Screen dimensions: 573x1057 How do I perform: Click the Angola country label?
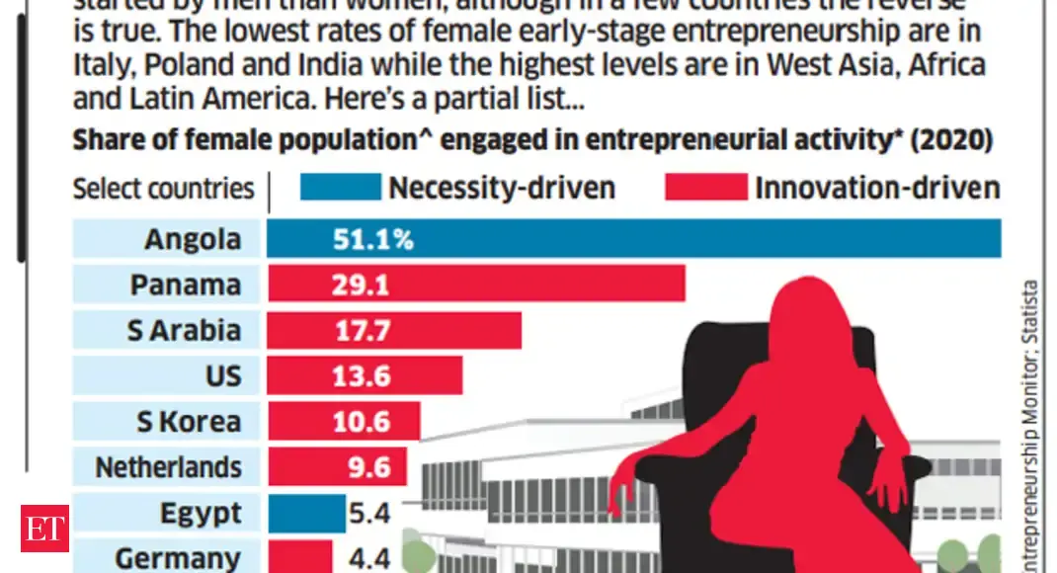(x=192, y=239)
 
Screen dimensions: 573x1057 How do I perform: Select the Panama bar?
(x=474, y=286)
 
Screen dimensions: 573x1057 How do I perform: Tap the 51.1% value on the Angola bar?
(x=373, y=240)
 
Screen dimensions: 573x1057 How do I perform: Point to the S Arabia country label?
(x=184, y=330)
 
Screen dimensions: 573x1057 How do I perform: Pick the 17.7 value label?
(x=363, y=331)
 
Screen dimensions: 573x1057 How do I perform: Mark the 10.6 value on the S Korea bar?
(x=363, y=422)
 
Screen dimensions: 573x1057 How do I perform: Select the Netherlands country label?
(x=168, y=466)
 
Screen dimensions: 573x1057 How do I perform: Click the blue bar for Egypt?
(x=305, y=513)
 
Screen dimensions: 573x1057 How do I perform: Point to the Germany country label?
(x=178, y=557)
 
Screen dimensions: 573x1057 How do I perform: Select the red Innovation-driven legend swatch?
(x=705, y=187)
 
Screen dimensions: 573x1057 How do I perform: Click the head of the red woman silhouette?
(x=803, y=307)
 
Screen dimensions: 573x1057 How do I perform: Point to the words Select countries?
(x=163, y=188)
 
